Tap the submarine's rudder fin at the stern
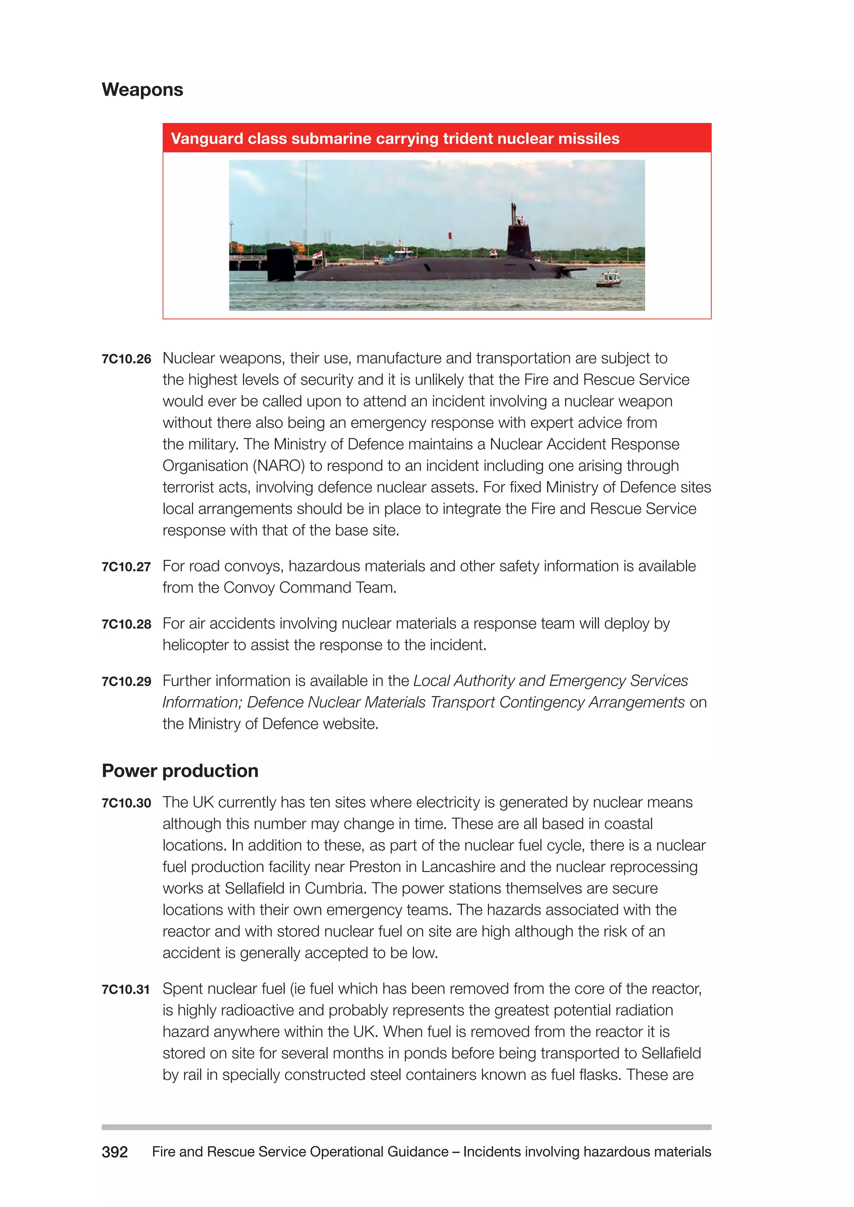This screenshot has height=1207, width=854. tap(280, 264)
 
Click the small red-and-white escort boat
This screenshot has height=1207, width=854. tap(609, 279)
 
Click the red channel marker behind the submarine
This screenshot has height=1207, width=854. tap(450, 235)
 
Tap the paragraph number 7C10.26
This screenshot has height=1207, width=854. tap(126, 359)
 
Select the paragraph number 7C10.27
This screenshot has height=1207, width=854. tap(126, 567)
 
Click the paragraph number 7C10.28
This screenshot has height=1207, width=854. tap(126, 624)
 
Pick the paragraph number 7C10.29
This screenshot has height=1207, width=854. tap(126, 681)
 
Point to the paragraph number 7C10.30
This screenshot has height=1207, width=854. tap(126, 803)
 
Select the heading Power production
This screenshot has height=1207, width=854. tap(180, 771)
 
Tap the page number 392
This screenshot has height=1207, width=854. tap(115, 1152)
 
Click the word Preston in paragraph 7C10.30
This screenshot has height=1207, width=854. tap(375, 867)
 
